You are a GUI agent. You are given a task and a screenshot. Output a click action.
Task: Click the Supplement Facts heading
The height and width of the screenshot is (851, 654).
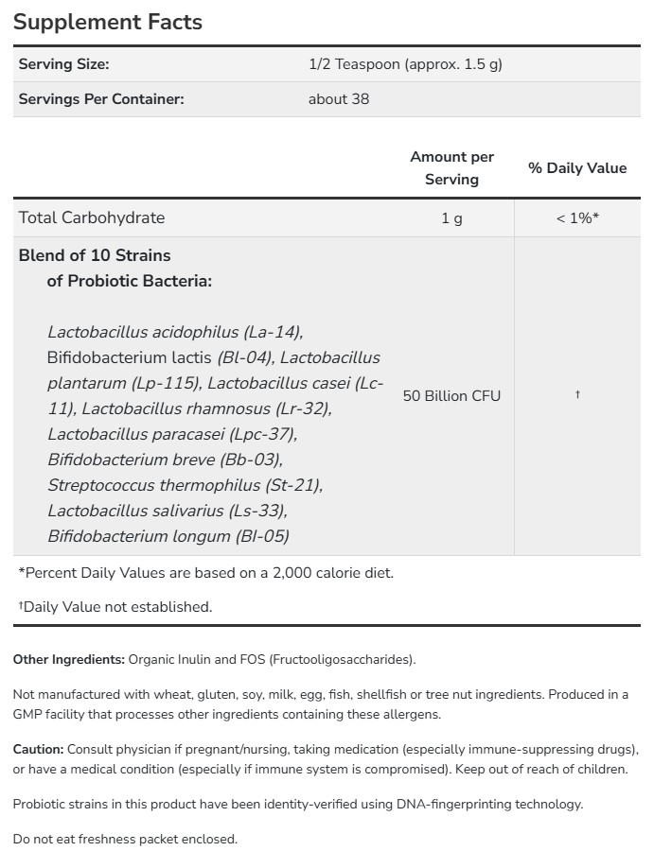[108, 22]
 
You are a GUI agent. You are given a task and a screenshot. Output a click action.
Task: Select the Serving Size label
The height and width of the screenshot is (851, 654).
[64, 64]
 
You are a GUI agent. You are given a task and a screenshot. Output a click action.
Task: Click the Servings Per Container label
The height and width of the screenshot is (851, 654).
[101, 98]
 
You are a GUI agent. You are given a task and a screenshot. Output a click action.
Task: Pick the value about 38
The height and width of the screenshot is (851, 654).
[339, 98]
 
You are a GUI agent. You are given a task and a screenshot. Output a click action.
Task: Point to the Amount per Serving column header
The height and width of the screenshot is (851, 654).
[451, 168]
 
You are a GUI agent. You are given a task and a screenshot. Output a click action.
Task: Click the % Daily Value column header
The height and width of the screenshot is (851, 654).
[577, 168]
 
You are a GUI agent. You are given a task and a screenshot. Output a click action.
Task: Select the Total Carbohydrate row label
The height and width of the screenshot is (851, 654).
[92, 217]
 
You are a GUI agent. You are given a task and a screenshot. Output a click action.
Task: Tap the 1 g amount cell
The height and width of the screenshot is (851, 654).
[451, 218]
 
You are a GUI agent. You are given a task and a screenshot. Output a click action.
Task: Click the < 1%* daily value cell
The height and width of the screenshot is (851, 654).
[577, 218]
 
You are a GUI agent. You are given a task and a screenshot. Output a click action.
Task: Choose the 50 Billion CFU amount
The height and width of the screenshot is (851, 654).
[451, 395]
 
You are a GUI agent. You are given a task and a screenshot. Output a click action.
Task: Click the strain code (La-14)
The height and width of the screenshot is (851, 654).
[274, 332]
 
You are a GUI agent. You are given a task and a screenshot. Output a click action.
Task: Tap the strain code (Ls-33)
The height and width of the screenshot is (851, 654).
[257, 511]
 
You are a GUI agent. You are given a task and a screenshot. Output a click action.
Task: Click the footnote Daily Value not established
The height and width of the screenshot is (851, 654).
[117, 607]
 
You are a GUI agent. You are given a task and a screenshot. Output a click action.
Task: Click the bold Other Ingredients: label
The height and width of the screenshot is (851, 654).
[68, 659]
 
